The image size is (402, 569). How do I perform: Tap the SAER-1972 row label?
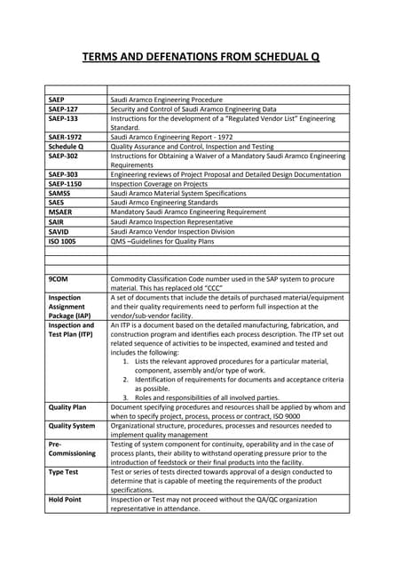(66, 137)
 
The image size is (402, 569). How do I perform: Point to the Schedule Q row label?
(67, 147)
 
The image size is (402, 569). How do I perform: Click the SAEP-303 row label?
(64, 175)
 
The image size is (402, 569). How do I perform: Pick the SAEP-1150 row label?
(67, 185)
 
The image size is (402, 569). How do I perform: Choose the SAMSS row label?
(61, 194)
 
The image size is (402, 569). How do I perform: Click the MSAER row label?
(61, 212)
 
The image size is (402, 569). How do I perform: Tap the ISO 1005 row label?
(63, 241)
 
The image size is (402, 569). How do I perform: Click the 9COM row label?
(59, 279)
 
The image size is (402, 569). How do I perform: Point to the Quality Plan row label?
(67, 406)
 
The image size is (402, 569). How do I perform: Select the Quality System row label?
(72, 425)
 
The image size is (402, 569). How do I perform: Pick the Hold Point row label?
(65, 500)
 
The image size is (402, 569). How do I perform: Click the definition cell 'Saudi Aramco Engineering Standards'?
(171, 204)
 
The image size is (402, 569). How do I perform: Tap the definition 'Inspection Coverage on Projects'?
(165, 185)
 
